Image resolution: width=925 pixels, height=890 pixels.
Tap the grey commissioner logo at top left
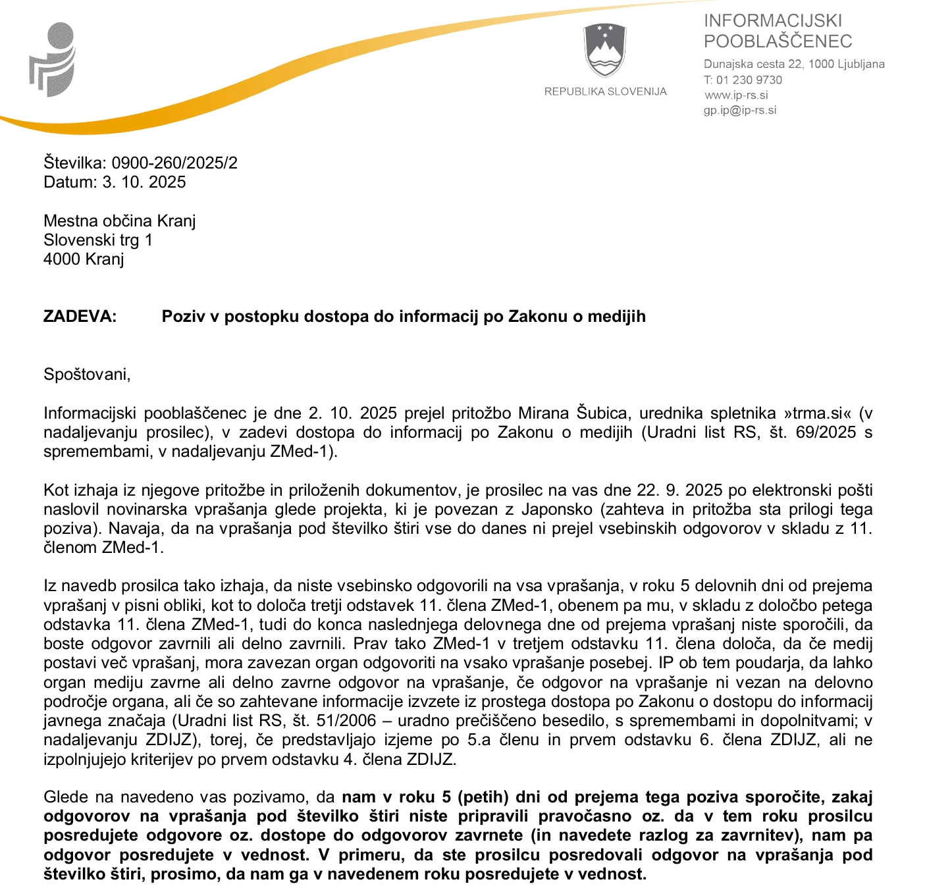[x=53, y=59]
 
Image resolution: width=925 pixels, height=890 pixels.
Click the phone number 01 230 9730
[x=749, y=80]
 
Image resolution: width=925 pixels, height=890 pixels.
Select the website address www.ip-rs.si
[x=736, y=95]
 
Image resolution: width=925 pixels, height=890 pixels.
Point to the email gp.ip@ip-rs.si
[x=740, y=110]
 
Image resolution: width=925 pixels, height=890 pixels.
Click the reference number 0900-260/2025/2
[x=174, y=163]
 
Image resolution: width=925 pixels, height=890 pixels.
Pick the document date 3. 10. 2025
[x=144, y=182]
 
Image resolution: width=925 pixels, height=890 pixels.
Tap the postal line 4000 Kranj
[x=84, y=259]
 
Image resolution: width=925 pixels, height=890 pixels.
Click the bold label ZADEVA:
[x=80, y=316]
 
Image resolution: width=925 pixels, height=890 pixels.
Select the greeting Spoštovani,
[x=87, y=374]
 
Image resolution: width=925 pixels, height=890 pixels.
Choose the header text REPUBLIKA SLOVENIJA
[x=605, y=92]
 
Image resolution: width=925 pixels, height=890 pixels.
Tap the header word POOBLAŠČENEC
[x=778, y=41]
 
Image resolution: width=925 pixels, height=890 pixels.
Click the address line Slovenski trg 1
[x=98, y=240]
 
